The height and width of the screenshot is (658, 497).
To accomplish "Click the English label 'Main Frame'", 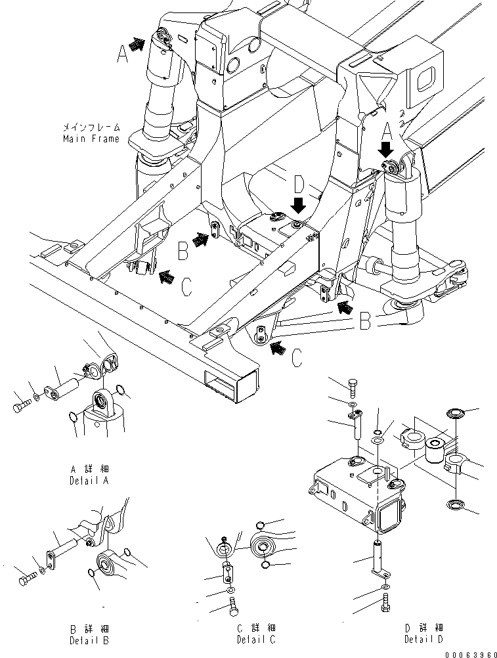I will [x=91, y=139].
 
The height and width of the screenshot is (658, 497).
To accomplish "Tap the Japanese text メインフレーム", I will [x=91, y=127].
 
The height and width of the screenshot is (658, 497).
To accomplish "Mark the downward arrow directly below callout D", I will [x=299, y=206].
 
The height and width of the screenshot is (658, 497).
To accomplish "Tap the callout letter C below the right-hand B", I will [x=297, y=357].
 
